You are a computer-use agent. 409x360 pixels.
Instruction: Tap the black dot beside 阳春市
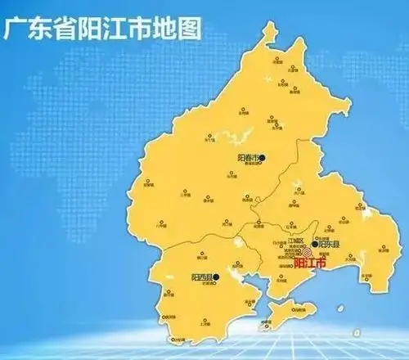point(263,155)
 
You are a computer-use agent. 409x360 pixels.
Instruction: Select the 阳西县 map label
point(201,277)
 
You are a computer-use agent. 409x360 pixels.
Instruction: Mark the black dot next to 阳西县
point(217,277)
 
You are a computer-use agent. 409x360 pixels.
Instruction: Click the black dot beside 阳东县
point(314,244)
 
